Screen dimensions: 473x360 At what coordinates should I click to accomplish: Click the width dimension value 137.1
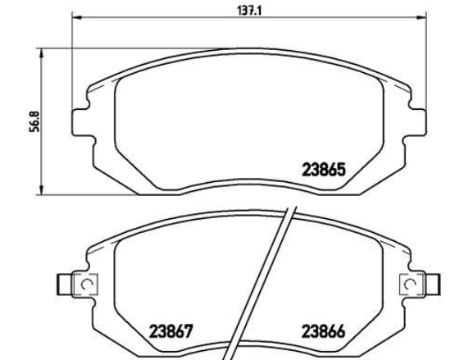250,11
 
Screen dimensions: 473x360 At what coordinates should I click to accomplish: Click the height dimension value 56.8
34,121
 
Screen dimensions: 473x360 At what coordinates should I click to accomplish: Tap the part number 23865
323,170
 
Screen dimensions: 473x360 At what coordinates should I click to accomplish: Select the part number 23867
171,331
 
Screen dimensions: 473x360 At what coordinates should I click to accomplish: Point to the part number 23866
323,331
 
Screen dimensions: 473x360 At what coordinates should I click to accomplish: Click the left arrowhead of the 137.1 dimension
77,18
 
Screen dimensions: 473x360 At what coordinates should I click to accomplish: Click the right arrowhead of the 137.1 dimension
421,18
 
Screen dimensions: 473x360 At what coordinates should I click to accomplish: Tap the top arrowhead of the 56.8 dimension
42,55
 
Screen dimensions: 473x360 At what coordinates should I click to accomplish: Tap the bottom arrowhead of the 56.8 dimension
42,189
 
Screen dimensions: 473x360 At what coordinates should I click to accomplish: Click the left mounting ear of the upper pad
81,122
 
